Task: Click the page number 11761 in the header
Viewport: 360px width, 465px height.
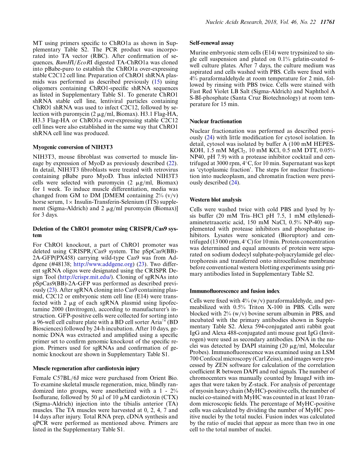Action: (x=327, y=22)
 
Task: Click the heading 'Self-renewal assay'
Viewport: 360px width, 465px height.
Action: (x=211, y=43)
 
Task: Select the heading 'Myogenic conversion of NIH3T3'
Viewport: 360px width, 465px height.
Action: (x=72, y=147)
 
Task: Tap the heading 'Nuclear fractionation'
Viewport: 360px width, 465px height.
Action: (x=215, y=122)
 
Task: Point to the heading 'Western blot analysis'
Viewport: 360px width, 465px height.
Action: (x=216, y=200)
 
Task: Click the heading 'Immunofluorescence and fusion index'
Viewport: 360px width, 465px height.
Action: (x=235, y=291)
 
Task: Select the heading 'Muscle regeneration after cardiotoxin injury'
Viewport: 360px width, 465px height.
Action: (x=86, y=368)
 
